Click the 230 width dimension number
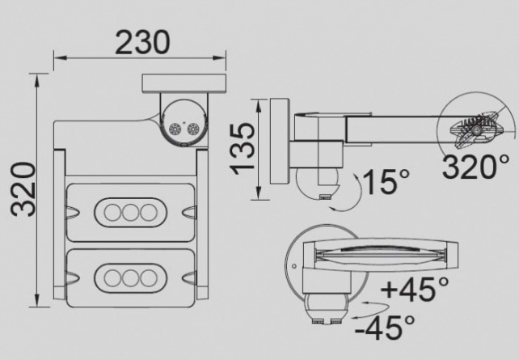pos(142,42)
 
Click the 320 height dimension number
pos(23,189)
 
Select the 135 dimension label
pos(243,149)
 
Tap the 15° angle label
pos(386,181)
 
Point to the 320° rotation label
pos(475,167)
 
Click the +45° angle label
pos(415,289)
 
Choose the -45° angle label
pos(385,327)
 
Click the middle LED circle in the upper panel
pos(130,212)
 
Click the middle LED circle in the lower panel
pos(130,278)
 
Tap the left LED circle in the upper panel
pos(112,212)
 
